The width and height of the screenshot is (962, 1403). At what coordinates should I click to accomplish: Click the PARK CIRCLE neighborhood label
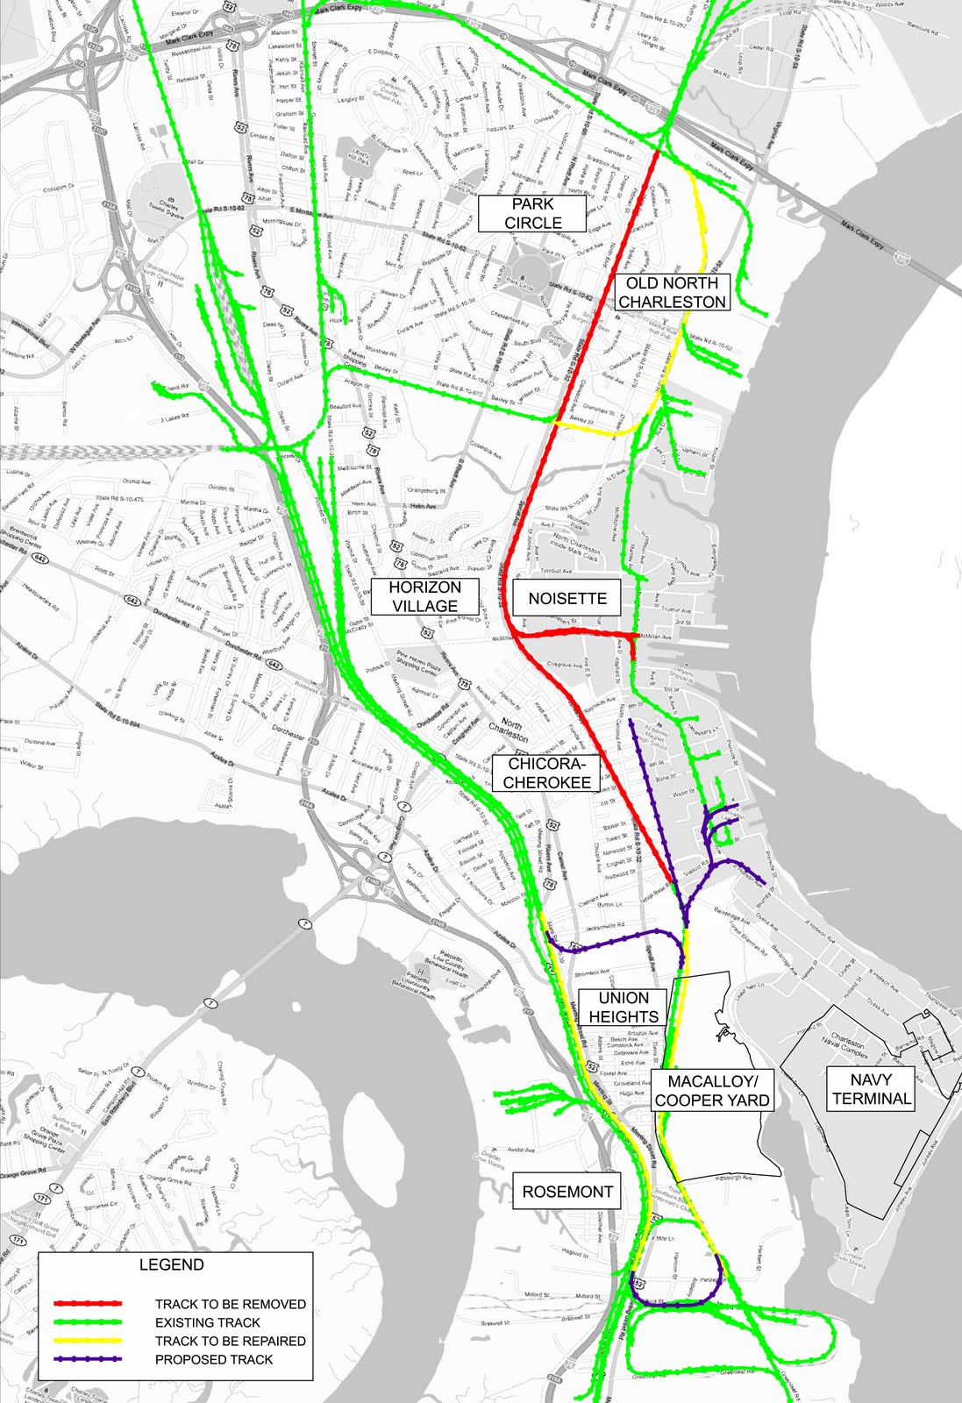[x=532, y=213]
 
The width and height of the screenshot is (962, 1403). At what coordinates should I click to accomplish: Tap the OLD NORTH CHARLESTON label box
[x=672, y=292]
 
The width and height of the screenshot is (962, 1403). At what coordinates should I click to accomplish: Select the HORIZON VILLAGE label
[x=425, y=596]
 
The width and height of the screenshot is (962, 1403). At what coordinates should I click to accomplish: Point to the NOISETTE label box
[x=567, y=598]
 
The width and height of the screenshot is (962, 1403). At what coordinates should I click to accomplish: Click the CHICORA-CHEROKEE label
[x=547, y=773]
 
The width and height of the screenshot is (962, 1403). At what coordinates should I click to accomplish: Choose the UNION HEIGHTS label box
[x=624, y=1008]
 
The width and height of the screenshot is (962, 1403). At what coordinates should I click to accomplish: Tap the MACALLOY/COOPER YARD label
[x=712, y=1091]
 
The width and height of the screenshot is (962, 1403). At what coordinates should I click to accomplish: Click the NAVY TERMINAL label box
[x=871, y=1089]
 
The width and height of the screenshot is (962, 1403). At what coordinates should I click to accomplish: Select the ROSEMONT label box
[x=567, y=1192]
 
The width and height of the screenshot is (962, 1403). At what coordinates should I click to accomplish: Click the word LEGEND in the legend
[x=172, y=1264]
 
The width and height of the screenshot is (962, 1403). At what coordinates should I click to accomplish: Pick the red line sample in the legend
[x=88, y=1304]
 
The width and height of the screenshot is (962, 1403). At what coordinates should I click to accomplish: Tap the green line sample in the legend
[x=88, y=1322]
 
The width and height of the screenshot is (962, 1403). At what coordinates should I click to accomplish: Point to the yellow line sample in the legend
[x=88, y=1341]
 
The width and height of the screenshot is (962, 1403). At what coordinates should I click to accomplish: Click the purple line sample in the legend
[x=88, y=1359]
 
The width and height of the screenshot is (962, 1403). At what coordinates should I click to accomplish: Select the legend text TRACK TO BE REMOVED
[x=231, y=1304]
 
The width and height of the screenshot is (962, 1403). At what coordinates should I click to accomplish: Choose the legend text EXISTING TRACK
[x=208, y=1322]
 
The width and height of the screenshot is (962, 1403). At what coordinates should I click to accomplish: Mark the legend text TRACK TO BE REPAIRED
[x=231, y=1341]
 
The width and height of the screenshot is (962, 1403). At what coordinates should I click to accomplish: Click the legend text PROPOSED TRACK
[x=214, y=1359]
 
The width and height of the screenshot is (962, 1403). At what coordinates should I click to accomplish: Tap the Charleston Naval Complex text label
[x=847, y=1047]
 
